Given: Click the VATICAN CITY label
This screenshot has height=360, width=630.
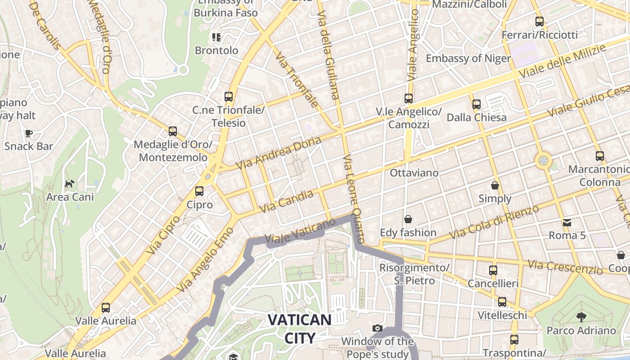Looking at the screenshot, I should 300,328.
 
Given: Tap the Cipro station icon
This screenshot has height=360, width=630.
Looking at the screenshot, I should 199,191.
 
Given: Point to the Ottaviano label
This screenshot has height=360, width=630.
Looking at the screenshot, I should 414,173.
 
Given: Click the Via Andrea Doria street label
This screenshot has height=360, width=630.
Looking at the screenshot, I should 279,153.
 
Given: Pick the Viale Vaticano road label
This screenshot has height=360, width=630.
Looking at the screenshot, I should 301,230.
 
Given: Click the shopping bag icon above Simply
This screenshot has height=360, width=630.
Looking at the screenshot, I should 495,185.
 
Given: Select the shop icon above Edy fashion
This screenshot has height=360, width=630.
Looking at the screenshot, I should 408,219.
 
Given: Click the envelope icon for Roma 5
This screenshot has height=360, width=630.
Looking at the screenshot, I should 567,222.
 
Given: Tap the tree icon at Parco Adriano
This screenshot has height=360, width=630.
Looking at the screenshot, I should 581,317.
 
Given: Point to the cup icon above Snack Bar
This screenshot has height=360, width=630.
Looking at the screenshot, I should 29,133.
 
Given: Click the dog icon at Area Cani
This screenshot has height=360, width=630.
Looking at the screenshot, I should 70,184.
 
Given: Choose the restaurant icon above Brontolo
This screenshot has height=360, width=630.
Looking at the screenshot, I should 216,37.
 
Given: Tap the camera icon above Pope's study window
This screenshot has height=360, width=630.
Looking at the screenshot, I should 378,328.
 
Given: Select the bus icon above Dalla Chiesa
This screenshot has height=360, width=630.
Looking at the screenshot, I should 477,104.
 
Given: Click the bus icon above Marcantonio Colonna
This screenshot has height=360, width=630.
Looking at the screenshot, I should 599,156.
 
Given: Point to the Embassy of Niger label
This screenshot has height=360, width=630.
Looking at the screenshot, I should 468,58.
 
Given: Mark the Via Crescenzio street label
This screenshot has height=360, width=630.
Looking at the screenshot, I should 565,266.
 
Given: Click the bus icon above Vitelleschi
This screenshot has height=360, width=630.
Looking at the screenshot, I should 502,301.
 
